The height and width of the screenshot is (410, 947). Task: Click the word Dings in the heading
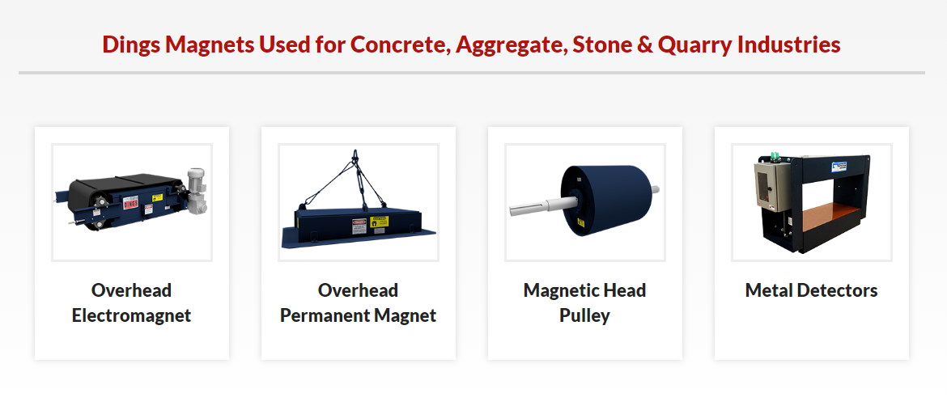tap(131, 44)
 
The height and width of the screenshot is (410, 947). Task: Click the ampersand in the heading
tap(644, 44)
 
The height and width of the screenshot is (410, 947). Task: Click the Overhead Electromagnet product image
tap(132, 202)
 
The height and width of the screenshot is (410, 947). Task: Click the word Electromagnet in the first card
tap(132, 315)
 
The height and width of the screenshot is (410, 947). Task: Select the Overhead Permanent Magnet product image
tap(359, 202)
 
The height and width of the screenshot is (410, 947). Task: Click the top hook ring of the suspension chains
tap(355, 153)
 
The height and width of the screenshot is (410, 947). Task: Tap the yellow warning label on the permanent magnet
tap(379, 222)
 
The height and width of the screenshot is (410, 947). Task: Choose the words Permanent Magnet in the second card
tap(359, 315)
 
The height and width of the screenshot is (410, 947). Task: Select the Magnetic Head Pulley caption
tap(584, 302)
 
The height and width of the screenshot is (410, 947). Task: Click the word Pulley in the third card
tap(584, 315)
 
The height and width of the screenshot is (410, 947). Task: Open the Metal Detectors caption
tap(811, 290)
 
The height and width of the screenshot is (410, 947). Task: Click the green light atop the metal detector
tap(774, 156)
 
